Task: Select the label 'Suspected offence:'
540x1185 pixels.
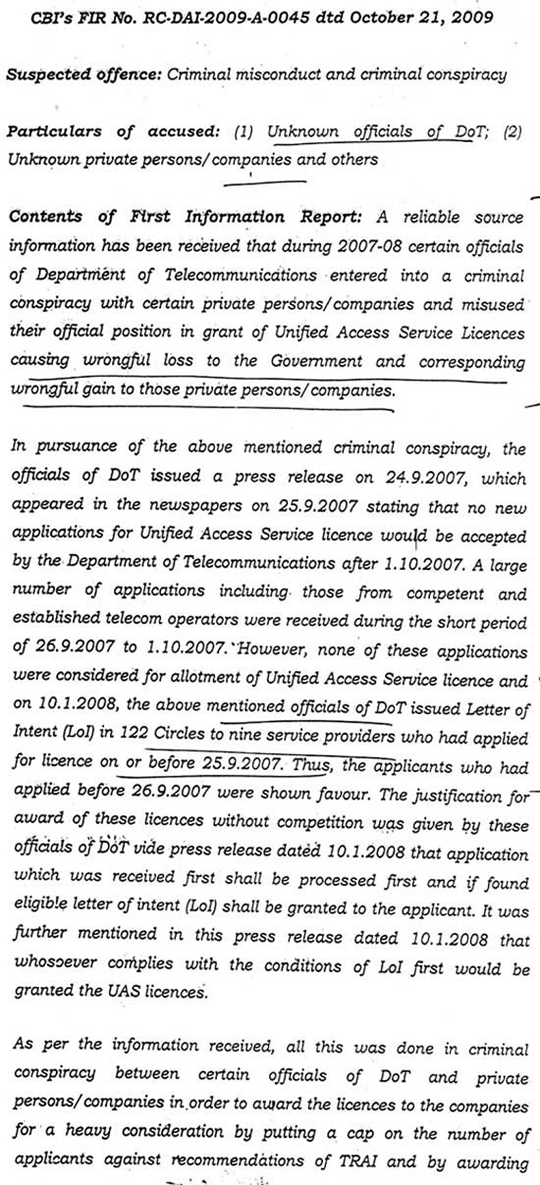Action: coord(84,75)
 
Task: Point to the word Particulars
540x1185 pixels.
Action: coord(55,131)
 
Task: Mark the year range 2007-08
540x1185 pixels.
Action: coord(370,247)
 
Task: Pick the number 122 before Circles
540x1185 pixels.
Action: coord(133,734)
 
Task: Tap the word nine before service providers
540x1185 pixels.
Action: coord(245,734)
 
